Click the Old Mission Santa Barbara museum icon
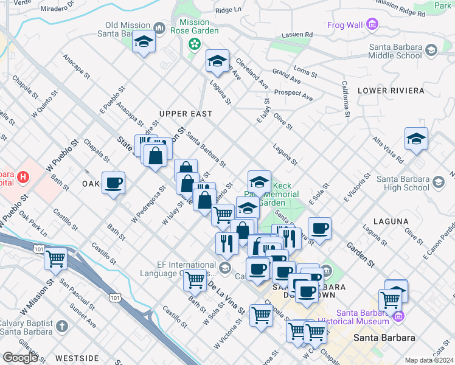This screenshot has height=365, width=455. pyautogui.click(x=160, y=28)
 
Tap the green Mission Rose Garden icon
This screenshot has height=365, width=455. pyautogui.click(x=194, y=44)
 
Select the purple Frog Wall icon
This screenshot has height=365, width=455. pyautogui.click(x=373, y=25)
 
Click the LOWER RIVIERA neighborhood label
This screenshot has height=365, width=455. pyautogui.click(x=391, y=91)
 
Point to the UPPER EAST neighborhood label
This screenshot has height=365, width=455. pyautogui.click(x=186, y=114)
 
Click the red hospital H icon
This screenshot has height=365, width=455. pyautogui.click(x=23, y=178)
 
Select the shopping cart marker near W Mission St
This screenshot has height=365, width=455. pyautogui.click(x=55, y=259)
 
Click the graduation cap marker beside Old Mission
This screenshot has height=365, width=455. pyautogui.click(x=144, y=42)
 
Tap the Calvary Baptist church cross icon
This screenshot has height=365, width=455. pyautogui.click(x=61, y=326)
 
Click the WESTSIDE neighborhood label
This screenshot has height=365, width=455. pyautogui.click(x=76, y=358)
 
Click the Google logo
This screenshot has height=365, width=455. pyautogui.click(x=21, y=358)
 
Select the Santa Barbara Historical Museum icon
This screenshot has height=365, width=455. pyautogui.click(x=400, y=316)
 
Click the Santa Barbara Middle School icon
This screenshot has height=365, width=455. pyautogui.click(x=431, y=50)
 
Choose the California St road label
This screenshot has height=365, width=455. pyautogui.click(x=345, y=99)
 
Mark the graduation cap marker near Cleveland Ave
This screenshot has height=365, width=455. pyautogui.click(x=217, y=61)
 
